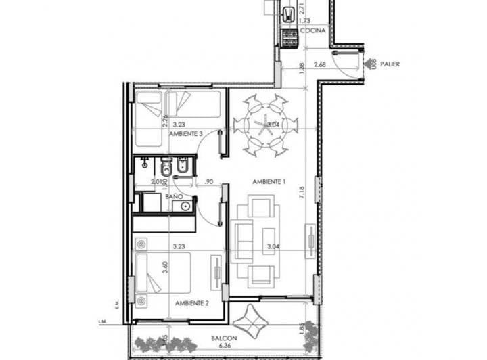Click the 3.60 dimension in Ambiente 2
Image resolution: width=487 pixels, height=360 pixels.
click(x=166, y=267)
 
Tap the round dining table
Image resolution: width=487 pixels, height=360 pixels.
click(x=264, y=125)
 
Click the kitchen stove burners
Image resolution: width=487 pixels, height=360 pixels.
click(x=289, y=38)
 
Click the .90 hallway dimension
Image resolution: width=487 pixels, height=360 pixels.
click(x=208, y=181)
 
